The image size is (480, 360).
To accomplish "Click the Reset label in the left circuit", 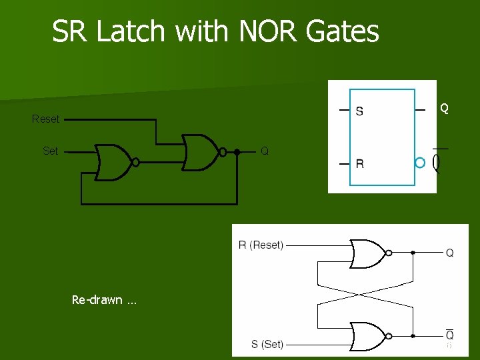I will [45, 119].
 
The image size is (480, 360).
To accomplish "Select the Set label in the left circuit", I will [50, 151].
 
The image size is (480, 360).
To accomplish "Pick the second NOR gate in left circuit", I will [201, 152].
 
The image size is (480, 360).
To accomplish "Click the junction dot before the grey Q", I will [237, 152].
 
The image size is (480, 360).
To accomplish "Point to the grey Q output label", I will [265, 151].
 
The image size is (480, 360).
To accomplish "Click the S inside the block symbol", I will [359, 111].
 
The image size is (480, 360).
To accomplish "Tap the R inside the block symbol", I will [359, 164].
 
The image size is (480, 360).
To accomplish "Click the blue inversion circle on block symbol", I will [419, 163].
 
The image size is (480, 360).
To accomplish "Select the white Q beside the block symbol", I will [444, 108].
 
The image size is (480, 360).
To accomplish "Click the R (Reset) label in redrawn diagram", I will [261, 245].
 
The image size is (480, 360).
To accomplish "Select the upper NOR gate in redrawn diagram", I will [367, 253].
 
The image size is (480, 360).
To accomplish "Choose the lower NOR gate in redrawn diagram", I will [367, 336].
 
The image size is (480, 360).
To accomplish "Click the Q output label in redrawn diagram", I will [450, 253].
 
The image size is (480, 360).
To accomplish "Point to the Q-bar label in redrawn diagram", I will [450, 335].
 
